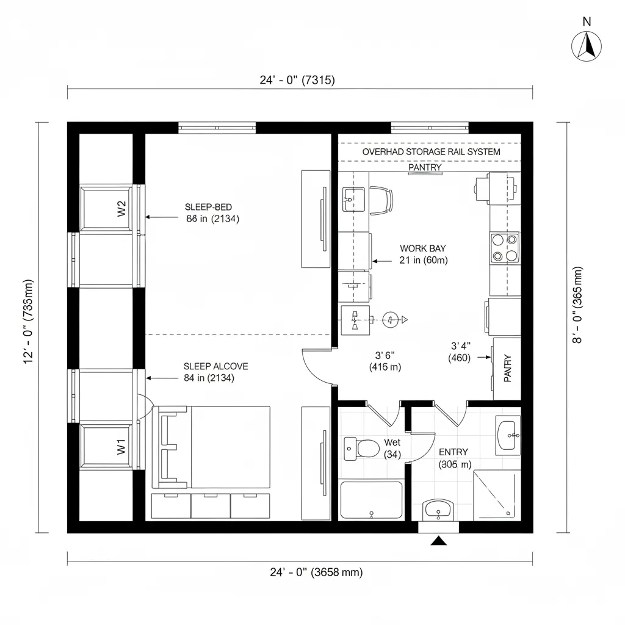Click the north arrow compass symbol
tap(587, 46)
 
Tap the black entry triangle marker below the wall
tap(438, 541)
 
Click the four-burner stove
tap(504, 248)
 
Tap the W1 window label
tap(121, 447)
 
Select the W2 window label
tap(121, 209)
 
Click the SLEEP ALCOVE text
tap(216, 366)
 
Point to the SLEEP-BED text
tap(208, 207)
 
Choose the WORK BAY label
tap(422, 248)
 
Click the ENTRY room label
tap(453, 452)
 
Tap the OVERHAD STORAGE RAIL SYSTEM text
tap(431, 151)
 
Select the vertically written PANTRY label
tap(507, 369)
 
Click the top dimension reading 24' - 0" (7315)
tap(297, 80)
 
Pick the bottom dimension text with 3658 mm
tap(316, 573)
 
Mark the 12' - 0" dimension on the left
tap(28, 322)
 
